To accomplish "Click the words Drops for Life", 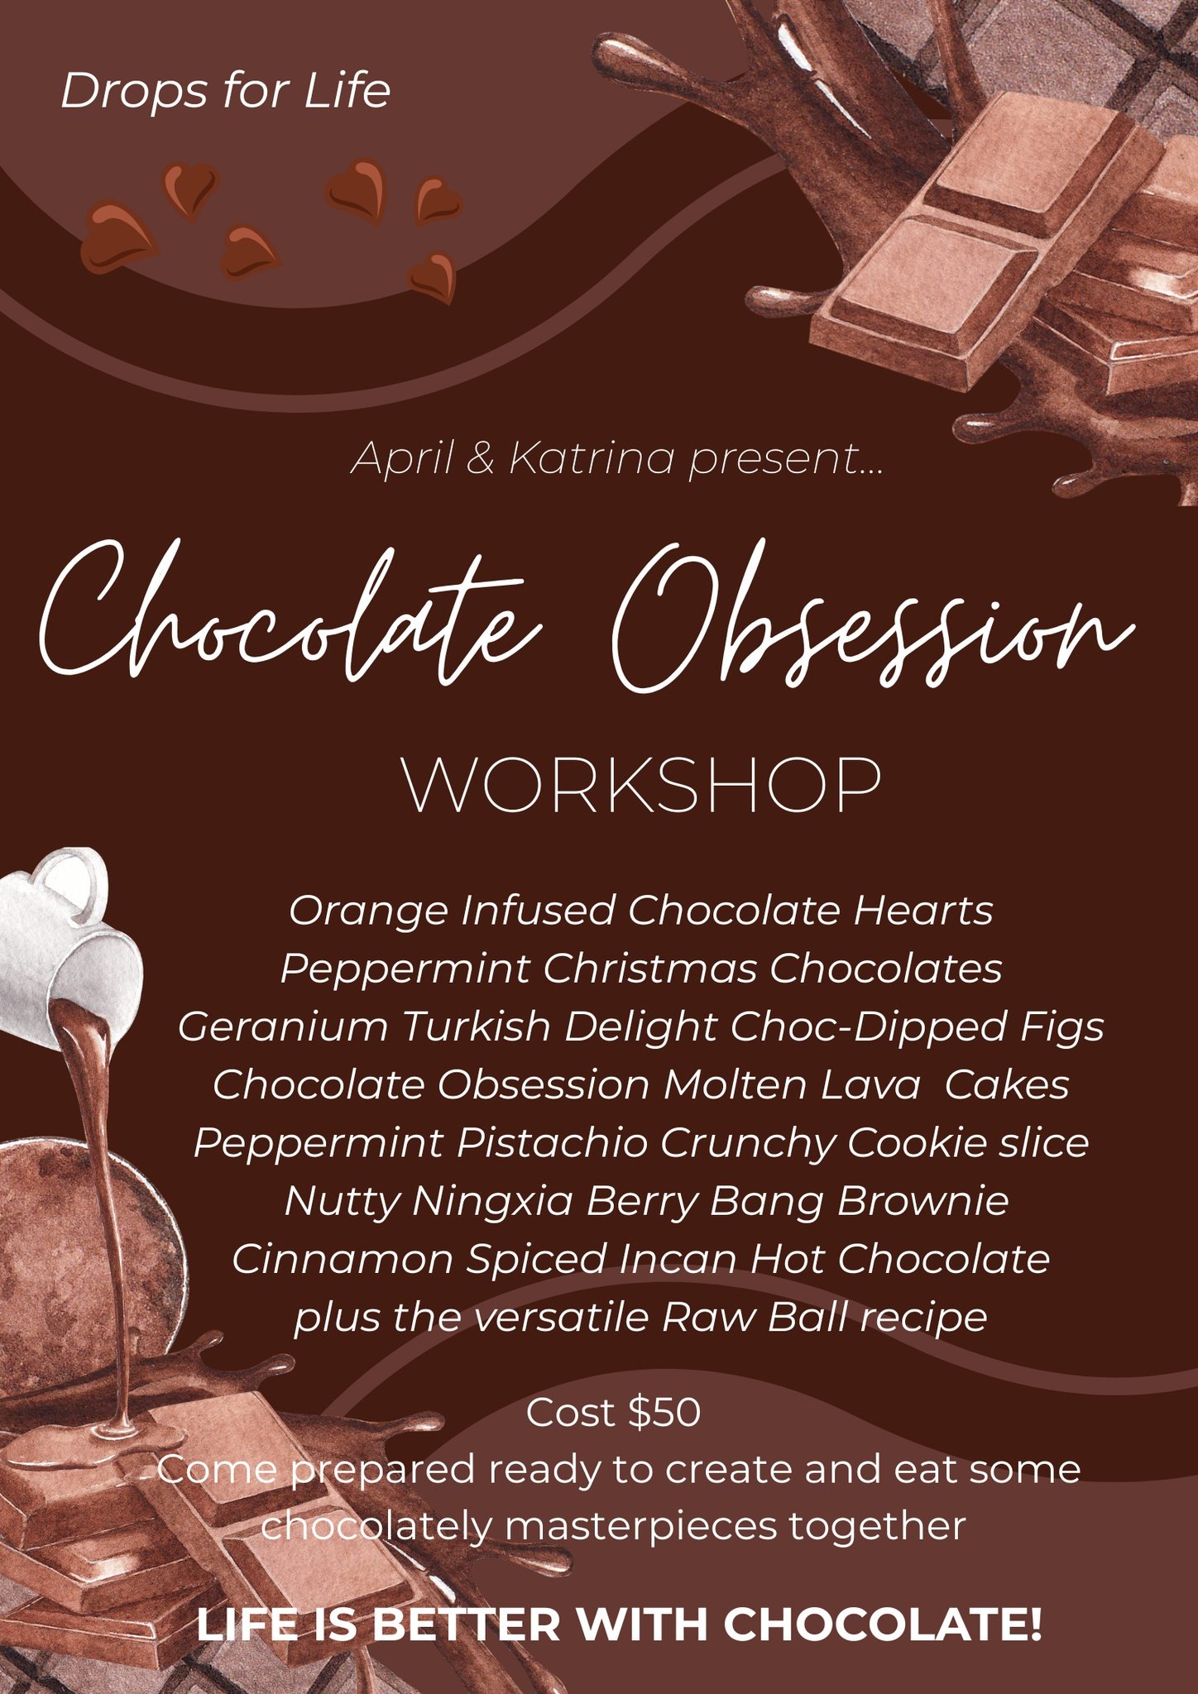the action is pyautogui.click(x=225, y=91).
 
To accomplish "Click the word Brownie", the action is pyautogui.click(x=922, y=1201).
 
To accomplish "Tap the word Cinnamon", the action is pyautogui.click(x=343, y=1260).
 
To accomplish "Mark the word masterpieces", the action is pyautogui.click(x=641, y=1527).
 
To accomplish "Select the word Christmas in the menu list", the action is pyautogui.click(x=649, y=969).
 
